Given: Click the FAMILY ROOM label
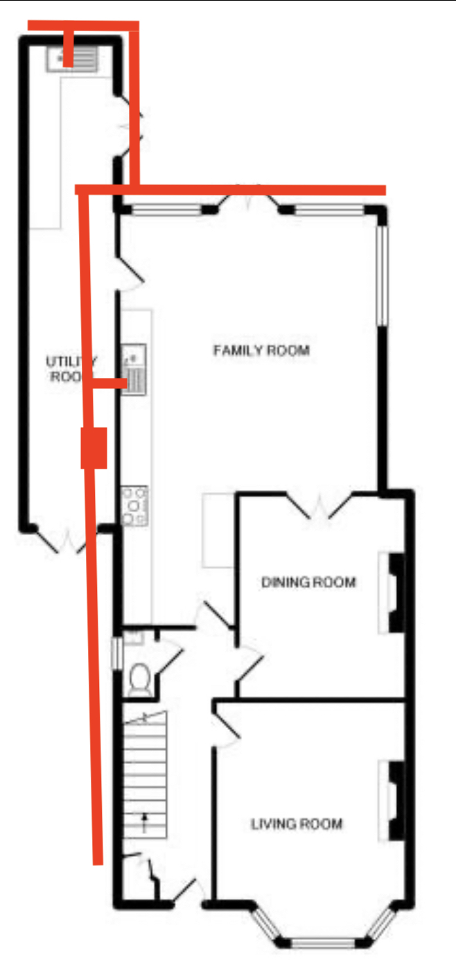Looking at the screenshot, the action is [261, 350].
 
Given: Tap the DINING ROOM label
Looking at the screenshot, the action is [308, 582].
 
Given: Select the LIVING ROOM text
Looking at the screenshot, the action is [297, 824].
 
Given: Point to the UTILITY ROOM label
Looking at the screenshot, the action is [71, 369].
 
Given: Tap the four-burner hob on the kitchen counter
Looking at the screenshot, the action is [134, 505].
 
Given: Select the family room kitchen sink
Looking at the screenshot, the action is [134, 370].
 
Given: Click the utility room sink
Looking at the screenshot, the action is [72, 58].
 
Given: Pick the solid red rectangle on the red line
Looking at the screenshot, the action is [94, 449].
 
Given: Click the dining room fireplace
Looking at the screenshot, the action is [393, 593].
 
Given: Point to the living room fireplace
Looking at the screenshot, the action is [393, 801].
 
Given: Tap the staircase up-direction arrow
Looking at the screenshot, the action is [145, 822].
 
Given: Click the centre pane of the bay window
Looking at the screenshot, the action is [323, 942].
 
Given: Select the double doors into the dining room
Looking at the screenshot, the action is [319, 505].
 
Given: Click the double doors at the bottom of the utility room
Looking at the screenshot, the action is [68, 540].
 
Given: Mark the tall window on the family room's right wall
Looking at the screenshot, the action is [381, 275].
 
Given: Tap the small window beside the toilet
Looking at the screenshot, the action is [116, 653].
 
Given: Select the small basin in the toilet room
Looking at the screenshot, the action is [134, 637].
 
